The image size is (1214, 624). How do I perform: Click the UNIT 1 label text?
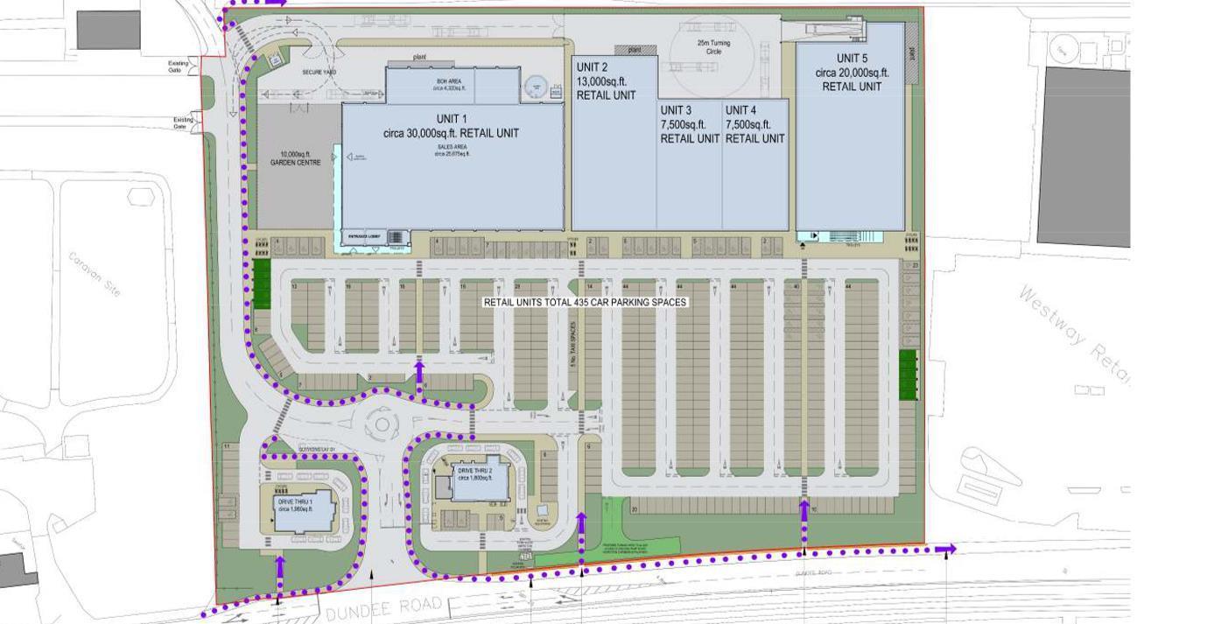coord(451,119)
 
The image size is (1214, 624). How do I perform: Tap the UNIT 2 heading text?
coord(592,67)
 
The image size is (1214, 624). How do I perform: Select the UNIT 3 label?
coord(676,110)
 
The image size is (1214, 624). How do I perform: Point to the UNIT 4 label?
coord(740,110)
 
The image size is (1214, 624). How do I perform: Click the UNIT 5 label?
coord(852,59)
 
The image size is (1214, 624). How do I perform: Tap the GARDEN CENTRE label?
coord(295,163)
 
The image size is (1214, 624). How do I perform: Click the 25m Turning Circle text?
coord(713,47)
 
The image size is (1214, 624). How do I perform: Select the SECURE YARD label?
coord(319,72)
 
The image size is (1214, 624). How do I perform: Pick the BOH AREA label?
coord(449,81)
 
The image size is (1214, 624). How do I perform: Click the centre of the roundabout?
coord(382,426)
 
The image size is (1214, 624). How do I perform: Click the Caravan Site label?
coord(95,274)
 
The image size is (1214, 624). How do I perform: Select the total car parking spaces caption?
coord(586,302)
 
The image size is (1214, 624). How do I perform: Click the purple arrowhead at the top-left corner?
coord(277,3)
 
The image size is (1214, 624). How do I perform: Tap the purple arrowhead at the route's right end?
coord(945,550)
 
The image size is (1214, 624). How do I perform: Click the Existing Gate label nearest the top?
coord(179,67)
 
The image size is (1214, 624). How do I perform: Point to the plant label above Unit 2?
coord(635,50)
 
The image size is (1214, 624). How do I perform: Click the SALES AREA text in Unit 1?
coord(452,147)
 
